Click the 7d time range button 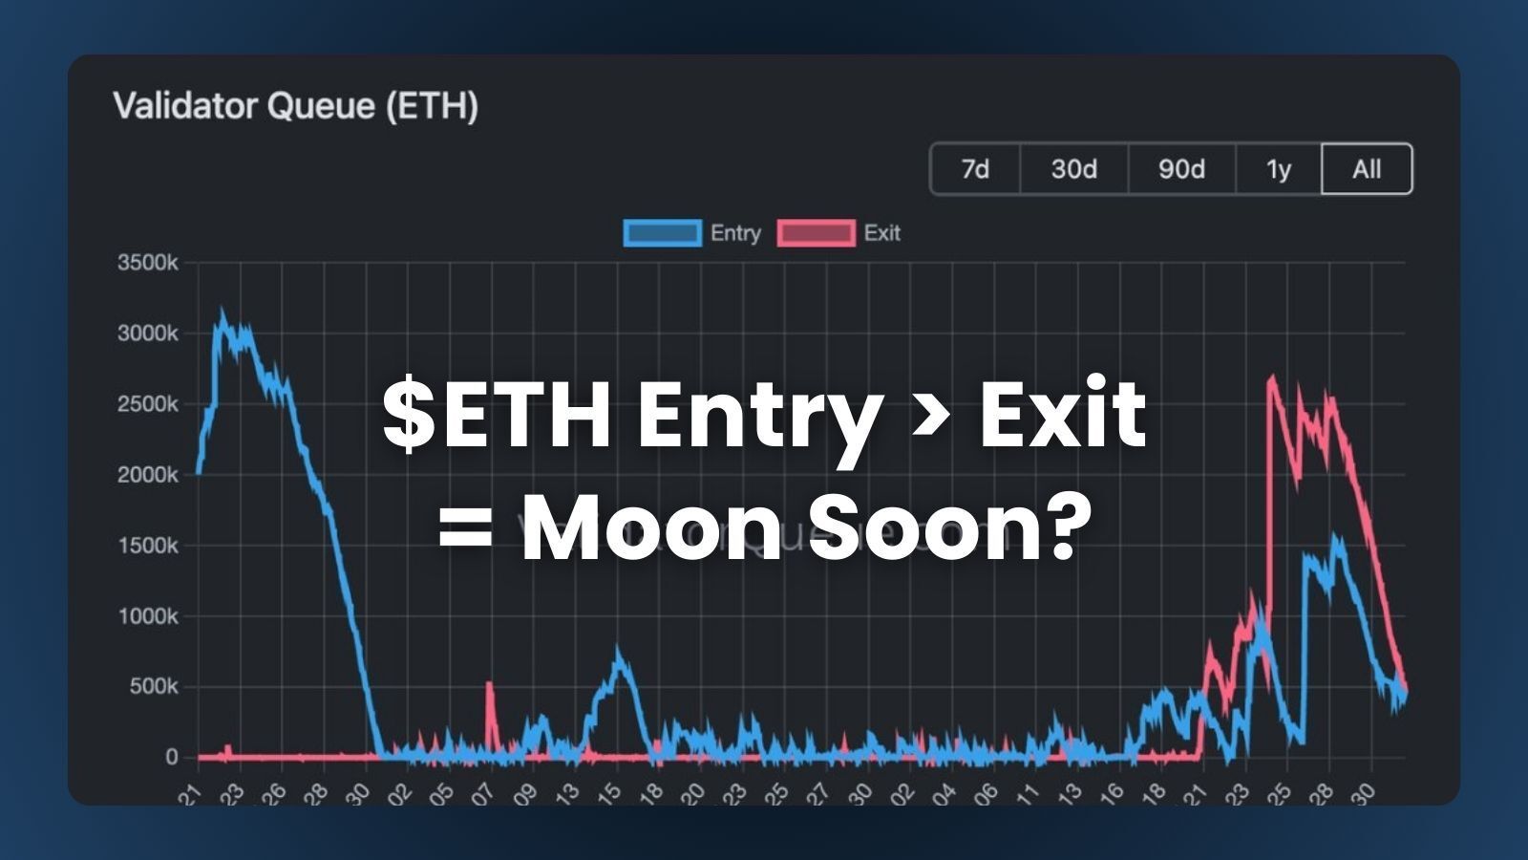pos(975,169)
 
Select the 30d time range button pos(1073,169)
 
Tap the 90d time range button pos(1181,169)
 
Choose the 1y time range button pos(1278,169)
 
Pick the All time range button pos(1367,169)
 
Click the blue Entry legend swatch pos(662,233)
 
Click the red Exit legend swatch pos(816,233)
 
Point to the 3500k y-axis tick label pos(147,263)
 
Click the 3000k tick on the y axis pos(147,333)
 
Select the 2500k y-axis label pos(147,404)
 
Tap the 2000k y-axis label pos(147,475)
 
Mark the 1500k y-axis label pos(147,546)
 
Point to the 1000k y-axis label pos(147,616)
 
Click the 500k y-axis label pos(154,687)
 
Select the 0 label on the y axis pos(172,757)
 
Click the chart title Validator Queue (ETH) pos(296,105)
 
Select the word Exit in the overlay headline pos(1062,413)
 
